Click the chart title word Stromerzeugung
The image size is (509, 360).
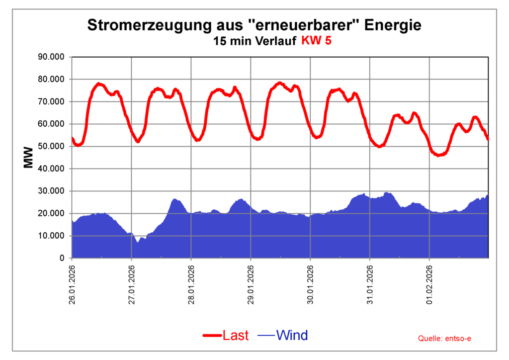coord(131,25)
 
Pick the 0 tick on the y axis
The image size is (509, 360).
coord(62,259)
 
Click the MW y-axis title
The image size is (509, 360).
coord(28,157)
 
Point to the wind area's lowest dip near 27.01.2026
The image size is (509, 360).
coord(138,242)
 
